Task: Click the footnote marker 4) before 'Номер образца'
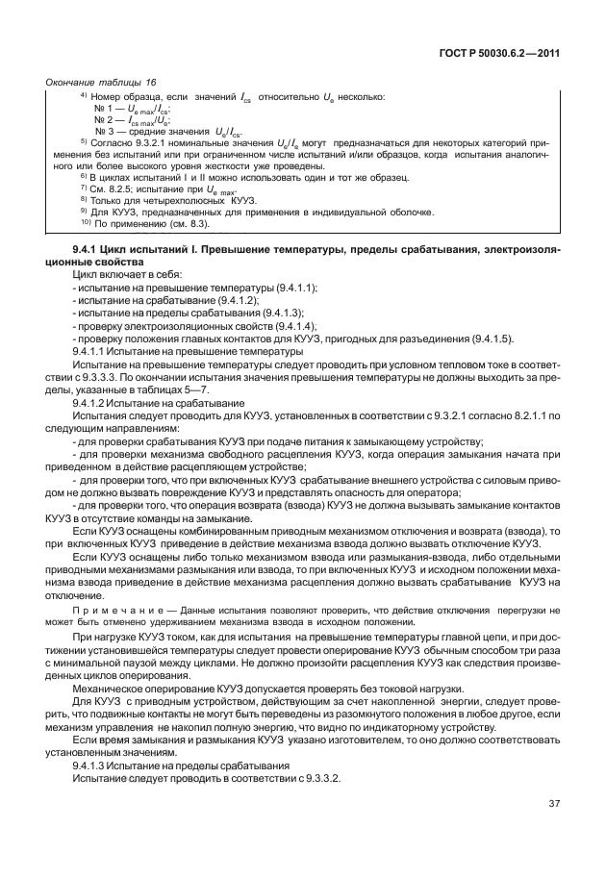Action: point(83,97)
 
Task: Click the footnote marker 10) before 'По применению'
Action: point(84,222)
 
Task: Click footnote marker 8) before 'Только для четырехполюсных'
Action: point(84,200)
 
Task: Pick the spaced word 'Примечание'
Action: point(121,610)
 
